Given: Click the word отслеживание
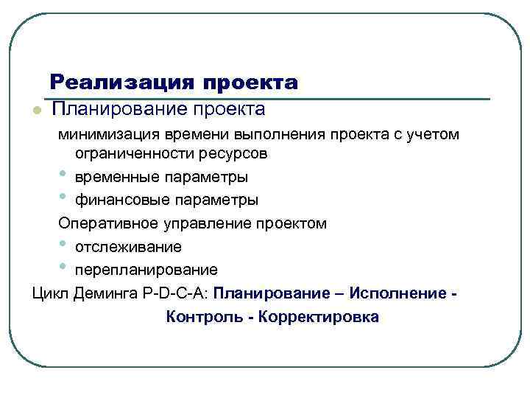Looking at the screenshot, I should pyautogui.click(x=127, y=246).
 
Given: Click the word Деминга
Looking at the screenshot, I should pyautogui.click(x=103, y=293).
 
